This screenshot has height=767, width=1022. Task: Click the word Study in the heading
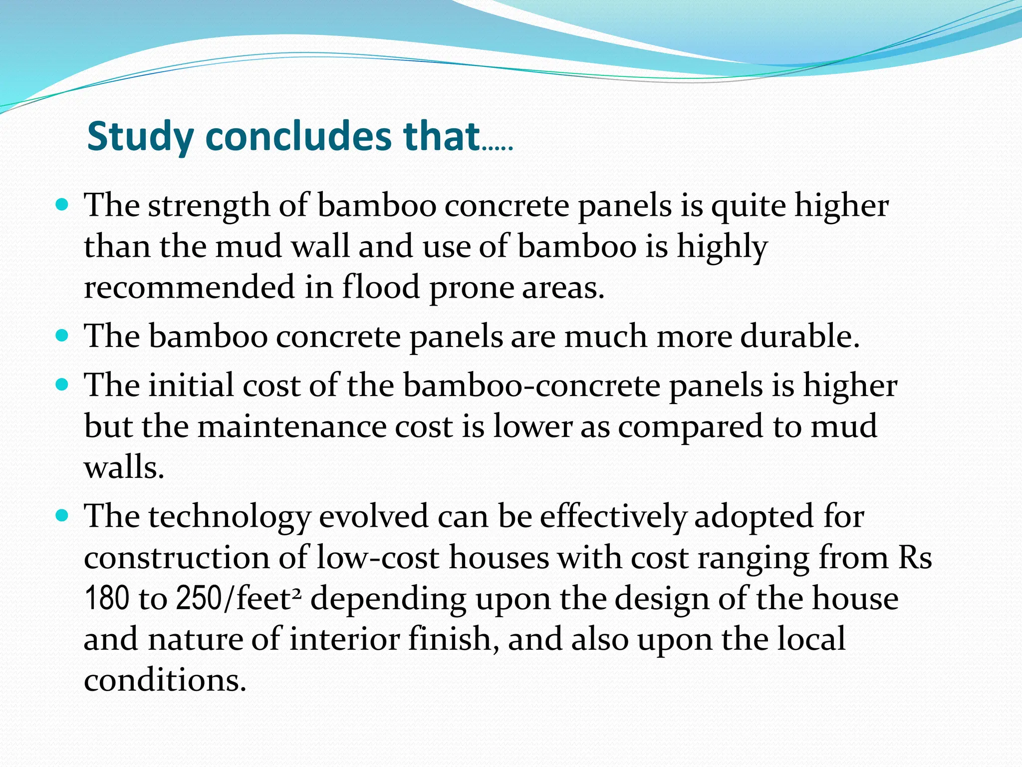[141, 137]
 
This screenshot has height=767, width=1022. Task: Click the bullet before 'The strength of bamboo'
[62, 204]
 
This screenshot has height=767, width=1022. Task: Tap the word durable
[799, 336]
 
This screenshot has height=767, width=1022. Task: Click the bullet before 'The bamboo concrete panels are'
[62, 336]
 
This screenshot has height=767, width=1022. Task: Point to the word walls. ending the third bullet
[124, 467]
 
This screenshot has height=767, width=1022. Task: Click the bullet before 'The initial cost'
[62, 385]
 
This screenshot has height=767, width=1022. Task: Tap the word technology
[230, 517]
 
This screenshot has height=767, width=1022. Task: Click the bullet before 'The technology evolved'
[62, 516]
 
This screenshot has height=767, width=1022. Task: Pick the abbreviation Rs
[914, 558]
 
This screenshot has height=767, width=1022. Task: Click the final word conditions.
[165, 681]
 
